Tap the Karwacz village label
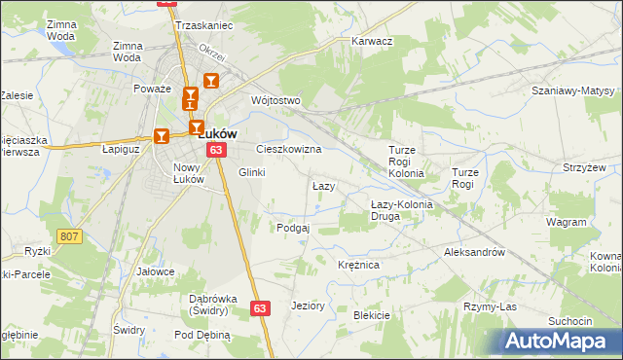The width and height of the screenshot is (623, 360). tap(371, 42)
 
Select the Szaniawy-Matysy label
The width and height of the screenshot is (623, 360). tap(573, 90)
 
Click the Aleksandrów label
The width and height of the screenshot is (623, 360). tap(474, 251)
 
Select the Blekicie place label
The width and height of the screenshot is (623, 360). tap(371, 315)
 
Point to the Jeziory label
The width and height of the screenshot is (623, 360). tap(308, 306)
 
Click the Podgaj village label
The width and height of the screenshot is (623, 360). tap(293, 228)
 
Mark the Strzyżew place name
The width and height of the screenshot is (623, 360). tap(584, 167)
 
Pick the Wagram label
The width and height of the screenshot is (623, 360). tap(566, 222)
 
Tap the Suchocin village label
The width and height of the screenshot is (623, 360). tap(569, 321)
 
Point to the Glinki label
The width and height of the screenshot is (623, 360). tap(251, 172)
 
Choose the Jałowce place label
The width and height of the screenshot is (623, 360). tap(155, 271)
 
